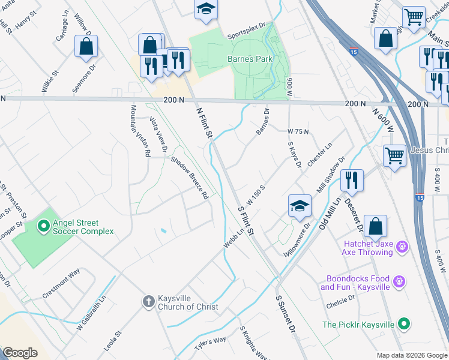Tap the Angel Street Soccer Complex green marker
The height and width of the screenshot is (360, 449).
[x=43, y=226]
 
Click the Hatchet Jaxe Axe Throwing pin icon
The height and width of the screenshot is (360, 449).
[x=402, y=246]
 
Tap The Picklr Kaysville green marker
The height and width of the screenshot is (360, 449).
[x=405, y=324]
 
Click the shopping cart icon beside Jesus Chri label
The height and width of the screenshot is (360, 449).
[x=394, y=156]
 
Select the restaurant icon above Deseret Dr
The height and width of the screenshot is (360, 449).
[x=352, y=180]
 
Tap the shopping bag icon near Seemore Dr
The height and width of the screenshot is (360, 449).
[x=86, y=46]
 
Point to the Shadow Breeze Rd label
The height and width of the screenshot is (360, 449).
[x=189, y=178]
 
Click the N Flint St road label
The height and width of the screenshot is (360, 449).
[x=205, y=124]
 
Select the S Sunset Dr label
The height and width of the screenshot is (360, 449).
[x=286, y=314]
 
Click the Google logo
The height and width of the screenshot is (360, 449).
[x=20, y=352]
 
